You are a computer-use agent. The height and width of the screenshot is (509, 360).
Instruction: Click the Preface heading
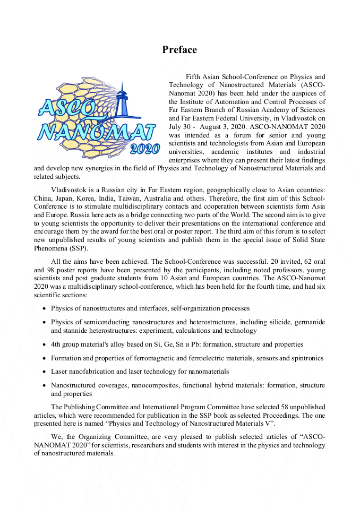pos(179,50)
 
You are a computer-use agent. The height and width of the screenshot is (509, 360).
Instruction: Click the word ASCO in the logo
pos(67,108)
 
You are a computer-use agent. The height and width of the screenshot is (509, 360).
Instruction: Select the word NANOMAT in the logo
pos(96,132)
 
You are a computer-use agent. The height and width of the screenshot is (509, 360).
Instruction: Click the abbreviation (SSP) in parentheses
pos(79,248)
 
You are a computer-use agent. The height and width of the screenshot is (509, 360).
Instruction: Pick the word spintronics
pos(307,358)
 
